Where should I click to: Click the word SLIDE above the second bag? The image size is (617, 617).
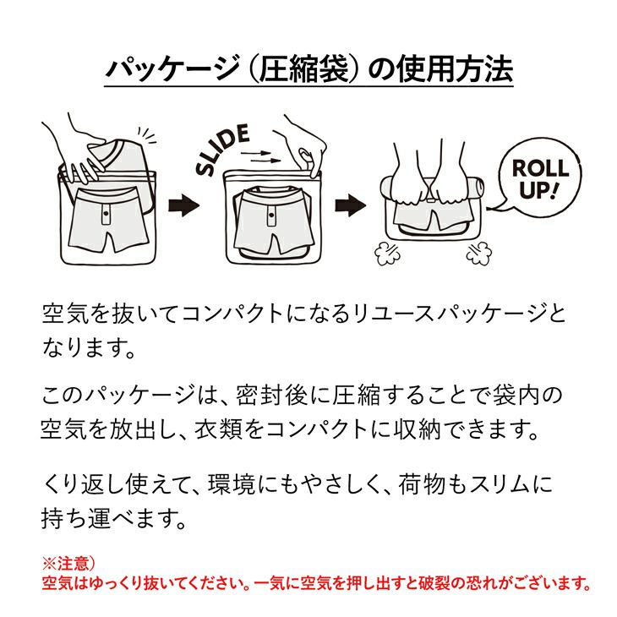(223, 149)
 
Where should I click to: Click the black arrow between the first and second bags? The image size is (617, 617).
(183, 205)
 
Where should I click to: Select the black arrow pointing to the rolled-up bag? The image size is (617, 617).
(350, 205)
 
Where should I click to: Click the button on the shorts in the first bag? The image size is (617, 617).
(106, 213)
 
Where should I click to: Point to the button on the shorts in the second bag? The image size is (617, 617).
(271, 215)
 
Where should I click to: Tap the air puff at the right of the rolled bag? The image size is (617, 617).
(479, 252)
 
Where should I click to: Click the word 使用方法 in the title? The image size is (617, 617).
(455, 69)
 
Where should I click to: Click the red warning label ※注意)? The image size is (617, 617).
(68, 564)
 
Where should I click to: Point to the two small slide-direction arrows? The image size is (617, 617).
(260, 156)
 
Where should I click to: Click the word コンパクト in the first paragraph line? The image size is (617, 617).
(232, 314)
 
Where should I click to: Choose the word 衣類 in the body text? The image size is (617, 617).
(218, 429)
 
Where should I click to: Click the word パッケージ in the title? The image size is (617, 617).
(172, 69)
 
